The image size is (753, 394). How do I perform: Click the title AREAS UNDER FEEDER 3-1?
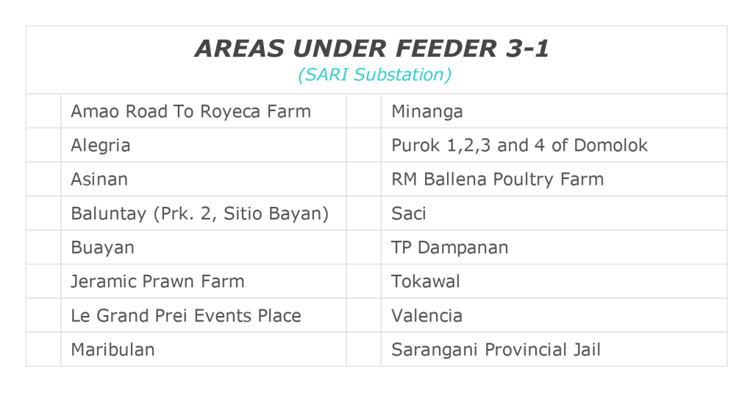pyautogui.click(x=371, y=49)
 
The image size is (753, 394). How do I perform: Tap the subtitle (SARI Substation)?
pyautogui.click(x=374, y=75)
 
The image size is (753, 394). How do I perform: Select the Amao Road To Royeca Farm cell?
pyautogui.click(x=190, y=112)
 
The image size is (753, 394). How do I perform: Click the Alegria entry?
pyautogui.click(x=100, y=146)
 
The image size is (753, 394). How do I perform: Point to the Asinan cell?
pyautogui.click(x=99, y=180)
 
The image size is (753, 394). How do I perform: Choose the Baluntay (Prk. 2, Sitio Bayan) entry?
pyautogui.click(x=200, y=214)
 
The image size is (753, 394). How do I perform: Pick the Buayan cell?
pyautogui.click(x=103, y=247)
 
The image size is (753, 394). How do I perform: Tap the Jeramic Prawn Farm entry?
pyautogui.click(x=157, y=281)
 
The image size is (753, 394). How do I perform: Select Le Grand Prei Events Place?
pyautogui.click(x=186, y=316)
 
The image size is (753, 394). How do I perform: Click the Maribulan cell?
pyautogui.click(x=113, y=350)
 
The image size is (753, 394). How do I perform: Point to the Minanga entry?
pyautogui.click(x=427, y=112)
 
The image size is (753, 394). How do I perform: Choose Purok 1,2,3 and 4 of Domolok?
pyautogui.click(x=520, y=145)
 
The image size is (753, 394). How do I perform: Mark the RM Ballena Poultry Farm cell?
pyautogui.click(x=498, y=180)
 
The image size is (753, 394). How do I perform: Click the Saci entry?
pyautogui.click(x=409, y=214)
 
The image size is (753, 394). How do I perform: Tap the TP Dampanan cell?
pyautogui.click(x=449, y=247)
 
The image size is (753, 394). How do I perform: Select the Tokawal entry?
pyautogui.click(x=426, y=281)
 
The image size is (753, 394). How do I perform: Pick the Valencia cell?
pyautogui.click(x=427, y=316)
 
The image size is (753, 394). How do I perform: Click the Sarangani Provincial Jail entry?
pyautogui.click(x=496, y=350)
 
